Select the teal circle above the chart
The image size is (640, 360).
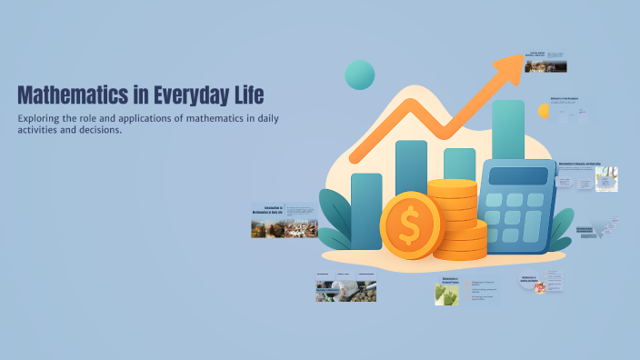(x=360, y=75)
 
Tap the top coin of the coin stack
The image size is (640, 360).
(x=452, y=185)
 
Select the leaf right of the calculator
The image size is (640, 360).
(x=562, y=228)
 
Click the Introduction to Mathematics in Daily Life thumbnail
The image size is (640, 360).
(x=285, y=221)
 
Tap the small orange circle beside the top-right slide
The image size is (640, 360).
(x=544, y=111)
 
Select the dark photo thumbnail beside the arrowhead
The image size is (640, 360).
(x=547, y=65)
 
